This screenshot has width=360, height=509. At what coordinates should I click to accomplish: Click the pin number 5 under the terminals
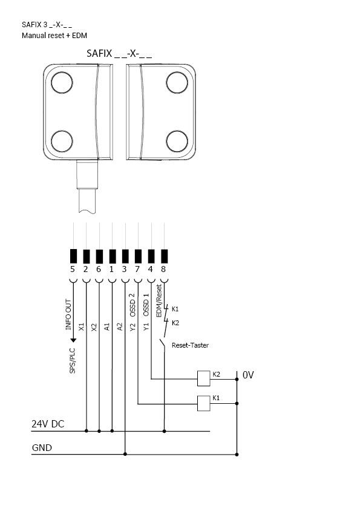pos(73,269)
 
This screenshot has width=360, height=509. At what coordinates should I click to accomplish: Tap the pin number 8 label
pos(163,269)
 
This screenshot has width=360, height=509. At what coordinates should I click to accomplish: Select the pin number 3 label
pos(125,269)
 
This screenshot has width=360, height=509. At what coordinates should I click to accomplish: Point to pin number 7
pos(138,269)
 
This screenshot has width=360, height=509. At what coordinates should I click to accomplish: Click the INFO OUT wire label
pos(68,314)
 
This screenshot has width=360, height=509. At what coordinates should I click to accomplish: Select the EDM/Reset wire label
pos(159,301)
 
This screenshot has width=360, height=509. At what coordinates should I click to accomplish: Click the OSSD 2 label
pos(133,305)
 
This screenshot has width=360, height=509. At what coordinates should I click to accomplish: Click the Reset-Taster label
pos(191,346)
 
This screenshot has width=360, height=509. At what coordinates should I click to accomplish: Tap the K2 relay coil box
pos(203,378)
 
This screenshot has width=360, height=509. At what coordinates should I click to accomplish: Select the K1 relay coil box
pos(203,403)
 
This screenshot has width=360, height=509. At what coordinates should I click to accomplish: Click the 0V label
pos(248,375)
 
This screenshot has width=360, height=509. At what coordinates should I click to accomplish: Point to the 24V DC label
pos(48,424)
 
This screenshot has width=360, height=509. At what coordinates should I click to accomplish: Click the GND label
pos(42,448)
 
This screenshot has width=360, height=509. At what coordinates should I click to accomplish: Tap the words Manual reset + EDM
pos(54,36)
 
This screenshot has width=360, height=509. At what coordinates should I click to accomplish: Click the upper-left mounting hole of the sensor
pos(62,83)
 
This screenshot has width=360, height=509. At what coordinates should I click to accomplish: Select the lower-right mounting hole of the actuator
pos(177,141)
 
